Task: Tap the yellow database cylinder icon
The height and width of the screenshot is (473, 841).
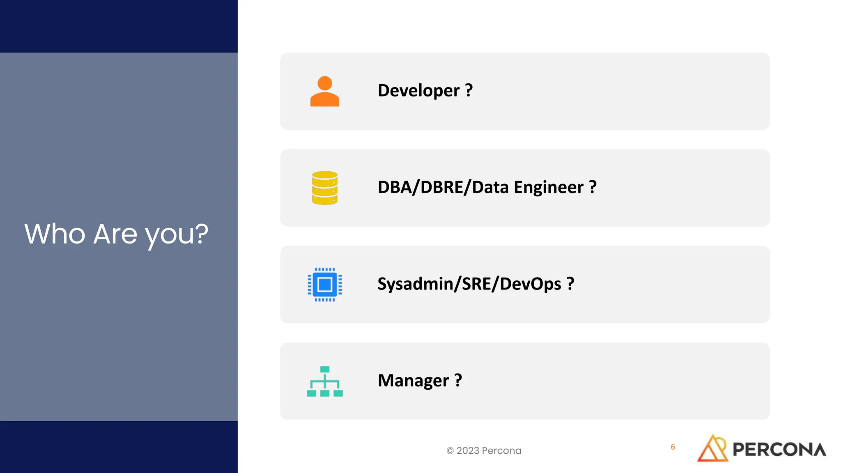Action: click(324, 188)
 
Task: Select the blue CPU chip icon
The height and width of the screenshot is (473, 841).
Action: click(324, 284)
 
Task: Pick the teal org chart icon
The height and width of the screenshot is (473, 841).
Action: click(324, 381)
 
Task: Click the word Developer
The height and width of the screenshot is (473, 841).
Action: click(418, 91)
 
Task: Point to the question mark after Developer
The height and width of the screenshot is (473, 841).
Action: click(469, 90)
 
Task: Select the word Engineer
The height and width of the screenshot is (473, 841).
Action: click(548, 188)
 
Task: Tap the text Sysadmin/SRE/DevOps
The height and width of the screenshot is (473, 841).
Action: click(469, 284)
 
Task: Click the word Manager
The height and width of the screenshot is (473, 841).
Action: click(413, 381)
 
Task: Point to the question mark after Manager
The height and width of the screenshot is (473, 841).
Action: click(458, 380)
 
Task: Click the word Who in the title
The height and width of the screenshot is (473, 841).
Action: click(55, 234)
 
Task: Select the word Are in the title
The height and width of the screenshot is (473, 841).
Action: click(115, 234)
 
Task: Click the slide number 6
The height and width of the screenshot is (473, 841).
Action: click(673, 447)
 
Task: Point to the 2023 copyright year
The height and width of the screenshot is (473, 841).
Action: click(468, 451)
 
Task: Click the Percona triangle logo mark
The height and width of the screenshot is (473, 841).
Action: click(713, 448)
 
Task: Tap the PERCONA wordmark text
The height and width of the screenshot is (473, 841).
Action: click(779, 450)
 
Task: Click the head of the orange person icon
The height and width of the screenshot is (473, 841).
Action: click(325, 83)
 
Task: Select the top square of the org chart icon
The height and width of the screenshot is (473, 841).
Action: click(325, 369)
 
